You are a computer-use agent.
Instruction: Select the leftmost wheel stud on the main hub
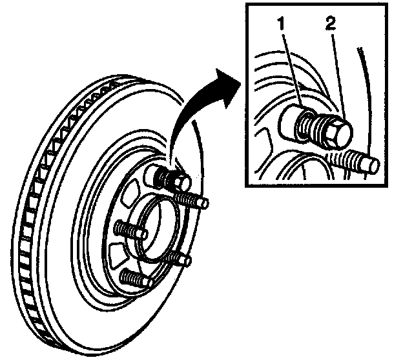[125, 228]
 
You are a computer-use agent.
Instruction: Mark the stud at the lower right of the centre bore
[177, 256]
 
